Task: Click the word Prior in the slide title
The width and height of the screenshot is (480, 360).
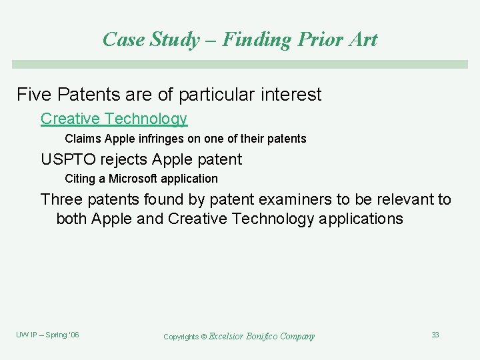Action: click(315, 39)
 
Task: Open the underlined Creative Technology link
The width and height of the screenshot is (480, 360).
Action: click(114, 119)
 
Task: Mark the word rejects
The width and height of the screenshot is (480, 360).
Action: click(124, 159)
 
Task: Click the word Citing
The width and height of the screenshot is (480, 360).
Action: click(80, 179)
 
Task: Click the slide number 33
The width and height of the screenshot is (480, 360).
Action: click(435, 335)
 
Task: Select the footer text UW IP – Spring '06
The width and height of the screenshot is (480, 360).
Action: click(47, 335)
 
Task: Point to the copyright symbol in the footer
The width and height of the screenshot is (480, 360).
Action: click(204, 337)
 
